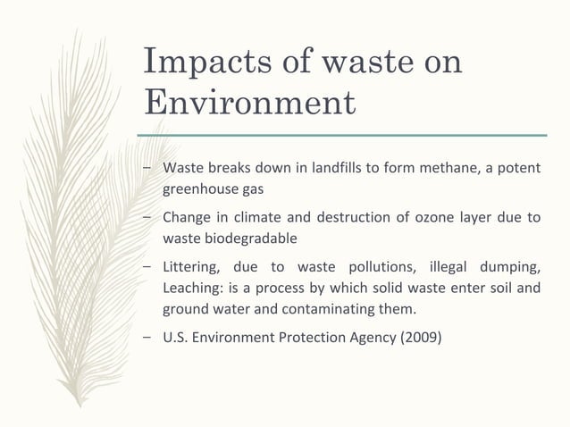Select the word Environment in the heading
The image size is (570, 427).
pyautogui.click(x=249, y=103)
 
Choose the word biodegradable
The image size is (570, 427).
pyautogui.click(x=247, y=239)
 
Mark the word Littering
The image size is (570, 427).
pyautogui.click(x=189, y=266)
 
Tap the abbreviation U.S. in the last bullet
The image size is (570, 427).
pyautogui.click(x=175, y=339)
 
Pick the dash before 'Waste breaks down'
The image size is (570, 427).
pyautogui.click(x=147, y=170)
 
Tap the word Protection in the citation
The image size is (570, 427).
pyautogui.click(x=302, y=339)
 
